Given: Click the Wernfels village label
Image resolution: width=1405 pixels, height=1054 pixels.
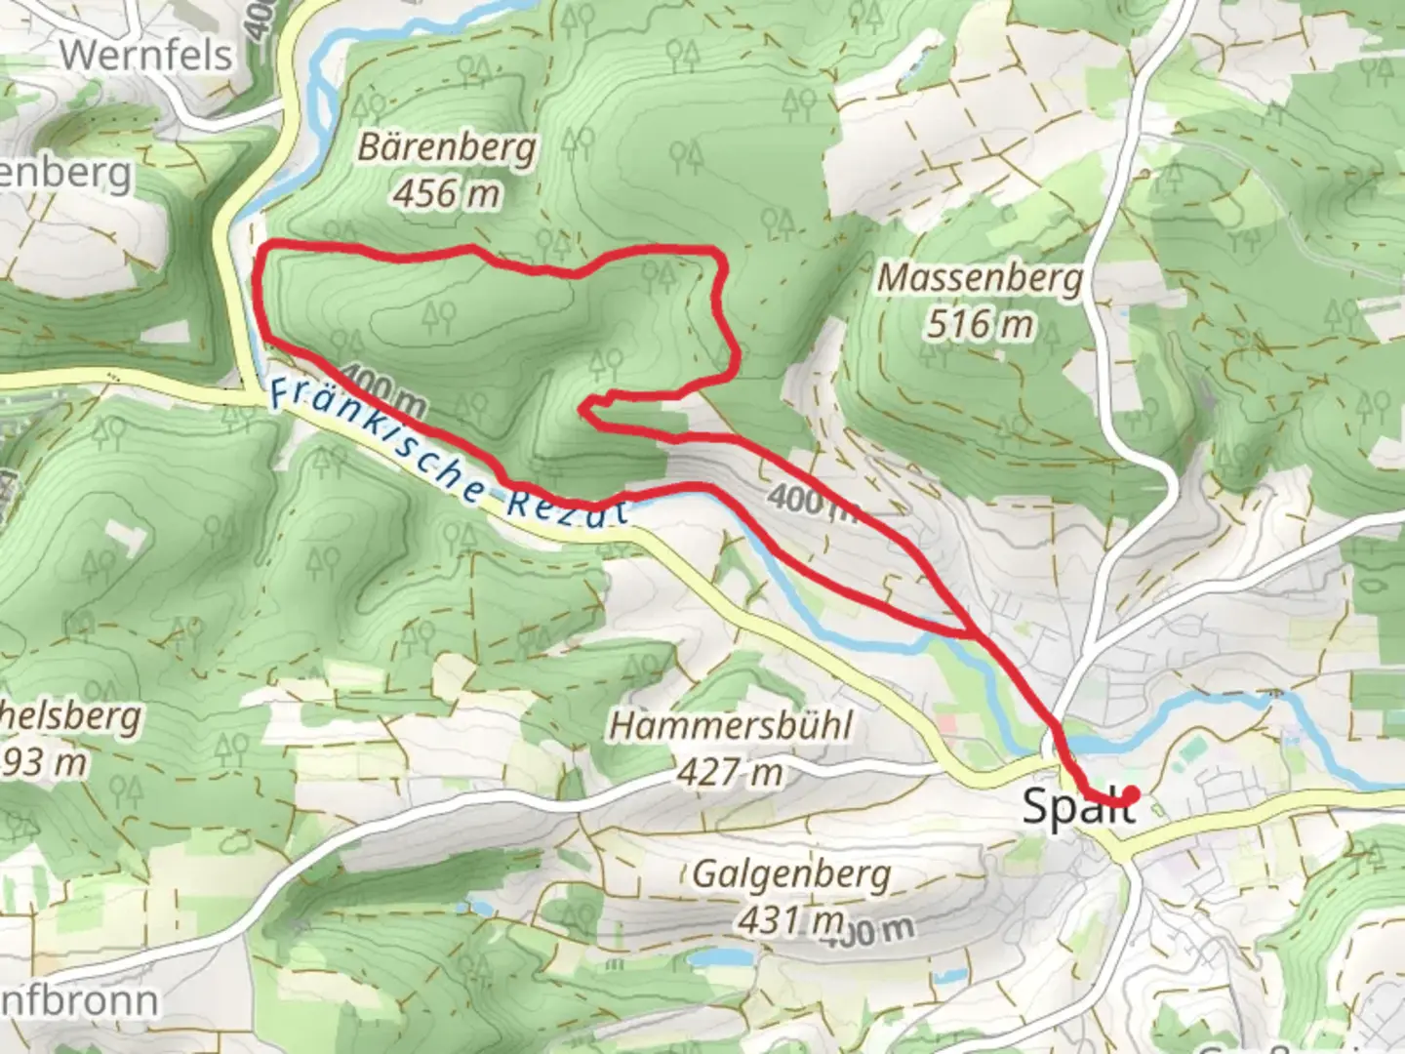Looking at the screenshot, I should (x=147, y=54).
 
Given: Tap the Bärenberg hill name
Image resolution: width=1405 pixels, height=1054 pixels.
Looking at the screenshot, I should (x=447, y=148).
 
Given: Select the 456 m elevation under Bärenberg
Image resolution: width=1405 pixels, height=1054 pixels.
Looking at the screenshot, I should (x=447, y=193).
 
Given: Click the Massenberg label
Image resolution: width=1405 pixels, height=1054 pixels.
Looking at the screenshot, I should (x=980, y=278).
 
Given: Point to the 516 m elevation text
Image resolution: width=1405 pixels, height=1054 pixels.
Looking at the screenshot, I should (x=980, y=323).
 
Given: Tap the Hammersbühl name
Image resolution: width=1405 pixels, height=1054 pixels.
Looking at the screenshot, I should (x=731, y=726).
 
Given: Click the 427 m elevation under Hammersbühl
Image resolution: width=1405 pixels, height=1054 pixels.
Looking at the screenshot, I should (x=731, y=772).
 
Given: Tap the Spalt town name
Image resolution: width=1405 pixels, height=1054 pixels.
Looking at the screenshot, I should (x=1077, y=807).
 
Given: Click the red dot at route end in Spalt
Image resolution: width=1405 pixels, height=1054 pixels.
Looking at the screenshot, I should (x=1130, y=794).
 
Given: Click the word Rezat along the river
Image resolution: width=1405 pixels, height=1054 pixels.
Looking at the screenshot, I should (x=567, y=506).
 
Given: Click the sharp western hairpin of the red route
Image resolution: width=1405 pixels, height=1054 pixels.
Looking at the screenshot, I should (x=583, y=408).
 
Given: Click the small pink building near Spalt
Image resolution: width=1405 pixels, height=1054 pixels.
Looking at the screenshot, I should (x=944, y=724).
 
